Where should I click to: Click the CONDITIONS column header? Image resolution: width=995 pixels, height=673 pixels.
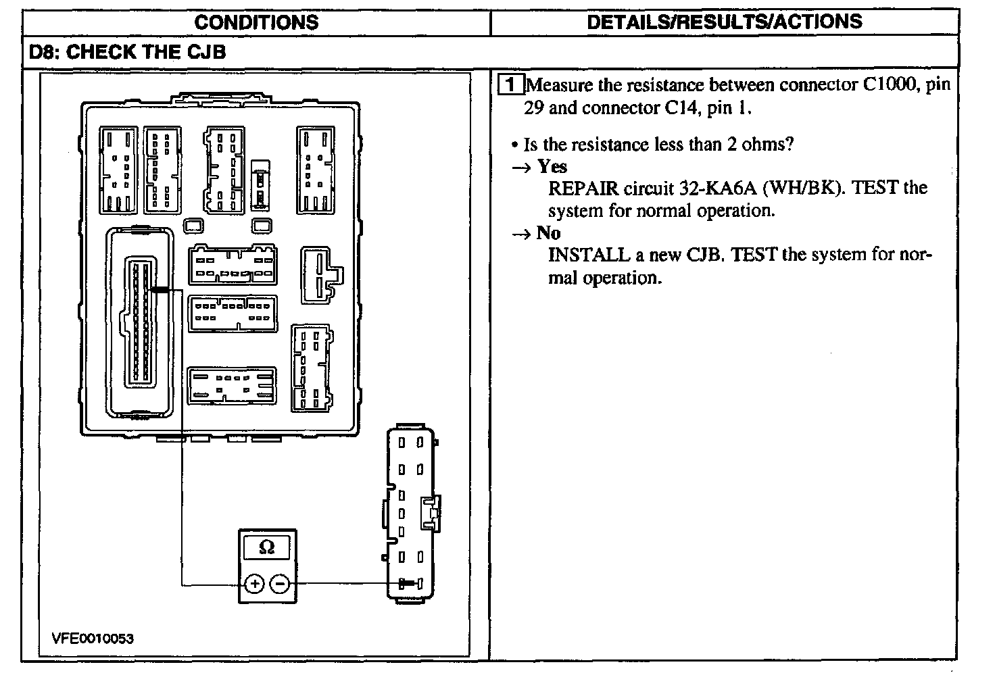[x=256, y=22]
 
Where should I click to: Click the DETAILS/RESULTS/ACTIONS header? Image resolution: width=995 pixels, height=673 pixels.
[x=725, y=22]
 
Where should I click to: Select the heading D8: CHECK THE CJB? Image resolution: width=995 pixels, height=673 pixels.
[x=128, y=51]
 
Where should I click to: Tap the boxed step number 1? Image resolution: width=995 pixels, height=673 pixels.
[x=510, y=84]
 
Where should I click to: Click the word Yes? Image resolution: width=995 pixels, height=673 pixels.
[x=552, y=166]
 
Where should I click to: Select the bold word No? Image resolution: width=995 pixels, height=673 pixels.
[x=548, y=232]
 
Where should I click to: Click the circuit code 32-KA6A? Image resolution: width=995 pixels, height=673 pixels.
[x=718, y=189]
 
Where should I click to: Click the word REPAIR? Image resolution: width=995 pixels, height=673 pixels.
[x=583, y=189]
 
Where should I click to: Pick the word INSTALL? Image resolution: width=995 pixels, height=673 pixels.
[x=589, y=255]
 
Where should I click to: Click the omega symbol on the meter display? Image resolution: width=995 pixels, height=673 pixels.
[x=266, y=547]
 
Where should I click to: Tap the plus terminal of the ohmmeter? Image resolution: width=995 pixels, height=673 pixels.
[x=255, y=583]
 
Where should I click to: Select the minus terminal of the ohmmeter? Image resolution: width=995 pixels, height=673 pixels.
[x=280, y=583]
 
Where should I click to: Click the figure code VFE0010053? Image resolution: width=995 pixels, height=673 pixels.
[x=93, y=639]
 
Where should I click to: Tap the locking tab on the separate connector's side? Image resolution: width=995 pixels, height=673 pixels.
[x=431, y=513]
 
